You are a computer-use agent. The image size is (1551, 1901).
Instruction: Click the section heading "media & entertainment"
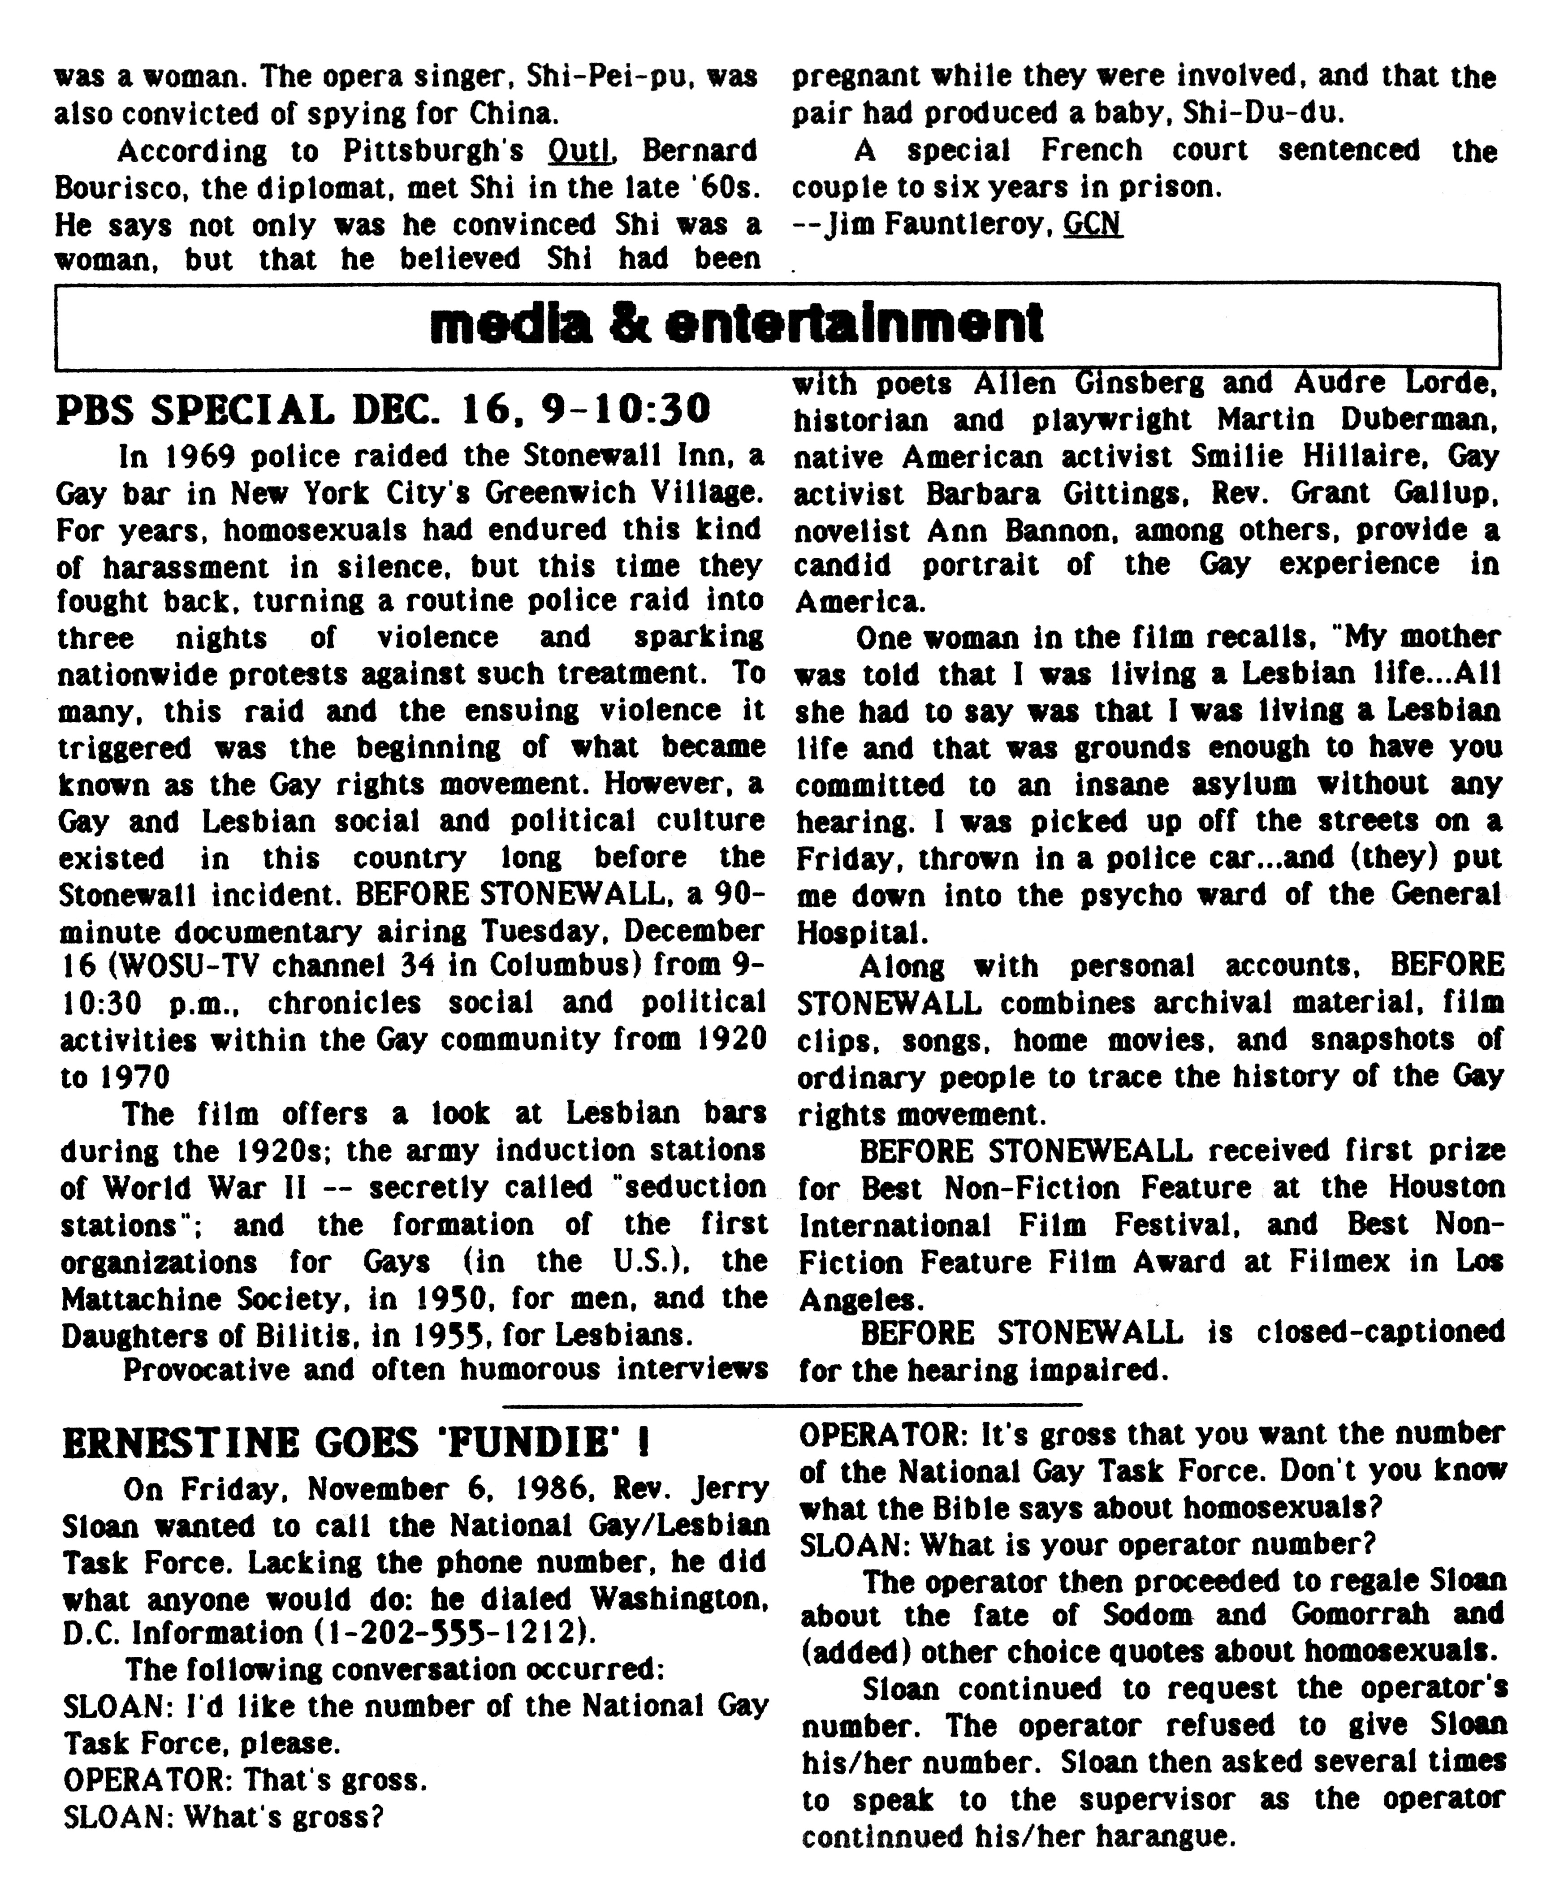click(736, 325)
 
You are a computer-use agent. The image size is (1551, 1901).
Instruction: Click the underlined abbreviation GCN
click(1092, 224)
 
